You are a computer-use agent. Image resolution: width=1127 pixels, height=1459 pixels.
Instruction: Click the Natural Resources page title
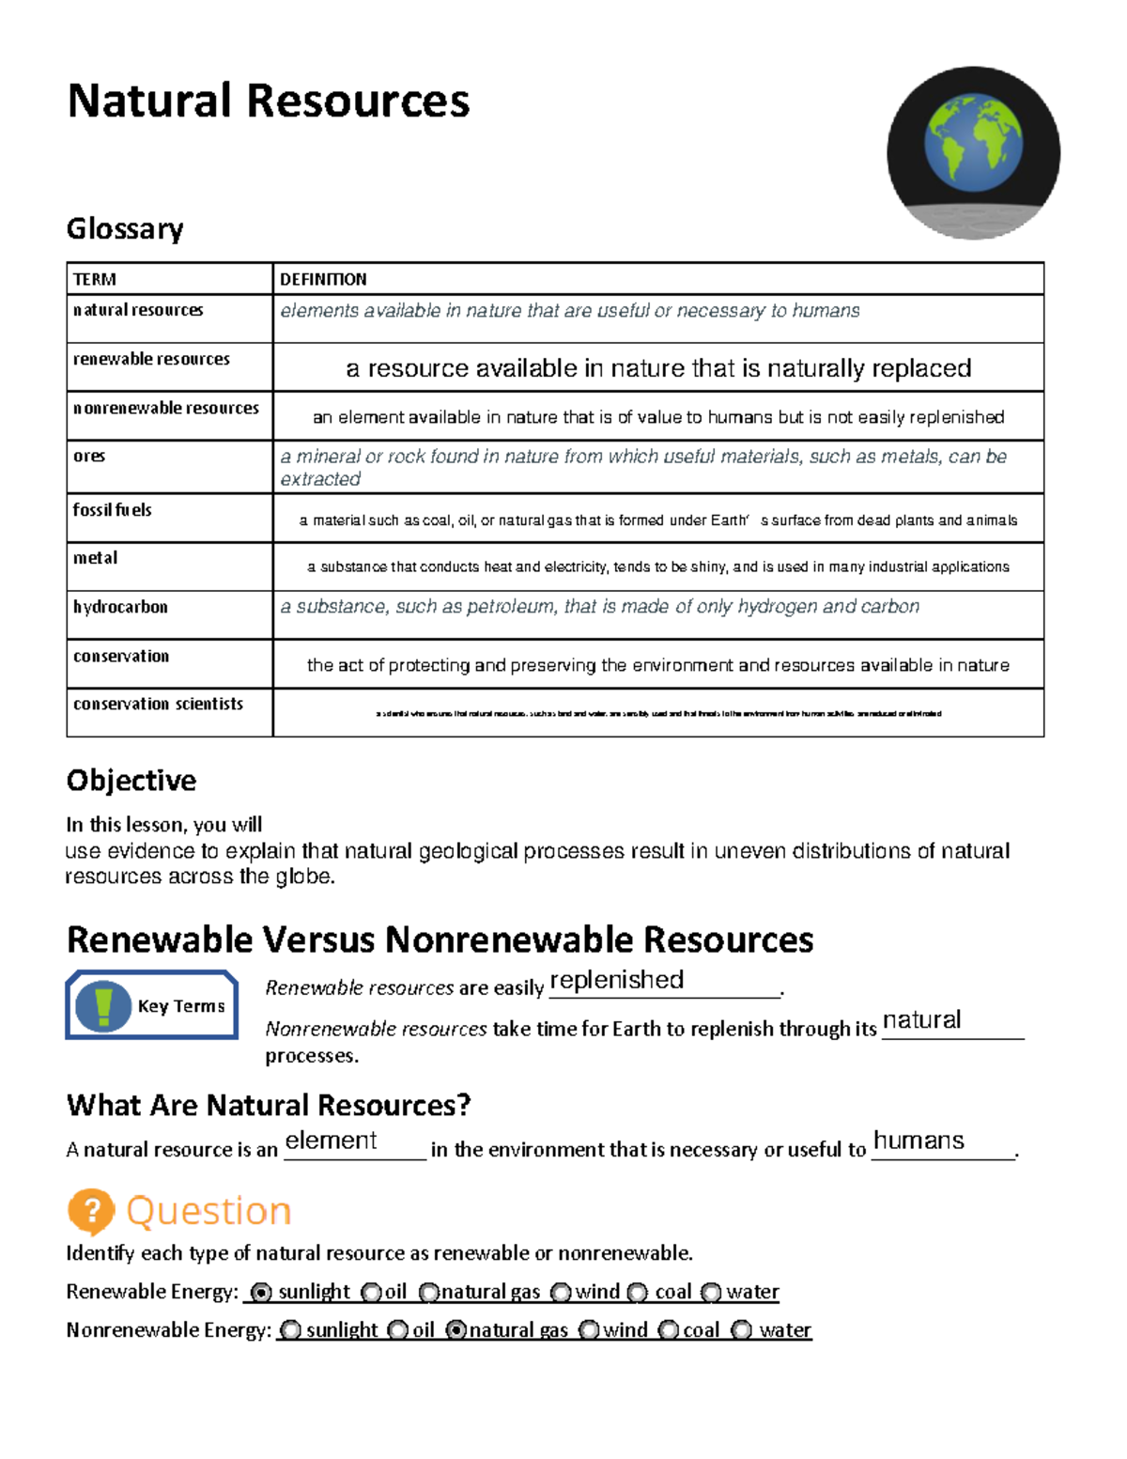coord(268,101)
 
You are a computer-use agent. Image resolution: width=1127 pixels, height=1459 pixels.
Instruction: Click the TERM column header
coord(95,279)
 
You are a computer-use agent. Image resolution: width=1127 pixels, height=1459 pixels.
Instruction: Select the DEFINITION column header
coord(323,279)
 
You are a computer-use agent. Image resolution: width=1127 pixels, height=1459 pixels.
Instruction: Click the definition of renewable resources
coord(657,368)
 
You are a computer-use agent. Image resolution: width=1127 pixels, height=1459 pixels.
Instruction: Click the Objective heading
coord(131,781)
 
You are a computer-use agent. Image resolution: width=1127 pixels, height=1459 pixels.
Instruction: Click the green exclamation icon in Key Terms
coord(103,1005)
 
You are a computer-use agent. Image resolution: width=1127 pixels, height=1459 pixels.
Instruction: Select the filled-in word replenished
coord(616,980)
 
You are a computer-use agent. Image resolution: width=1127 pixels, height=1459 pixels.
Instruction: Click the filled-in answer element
coord(331,1141)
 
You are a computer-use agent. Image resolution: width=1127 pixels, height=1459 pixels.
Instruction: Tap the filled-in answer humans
coord(919,1141)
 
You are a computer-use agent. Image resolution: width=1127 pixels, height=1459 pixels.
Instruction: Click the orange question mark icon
coord(91,1211)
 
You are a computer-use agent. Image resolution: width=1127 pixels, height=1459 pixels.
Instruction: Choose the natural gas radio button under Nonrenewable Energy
coord(456,1330)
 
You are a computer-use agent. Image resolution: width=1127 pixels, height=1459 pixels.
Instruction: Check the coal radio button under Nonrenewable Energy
coord(669,1330)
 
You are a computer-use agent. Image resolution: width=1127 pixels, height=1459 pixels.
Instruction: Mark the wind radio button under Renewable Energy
coord(562,1293)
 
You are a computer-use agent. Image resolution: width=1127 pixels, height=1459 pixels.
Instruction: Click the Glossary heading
coord(125,229)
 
